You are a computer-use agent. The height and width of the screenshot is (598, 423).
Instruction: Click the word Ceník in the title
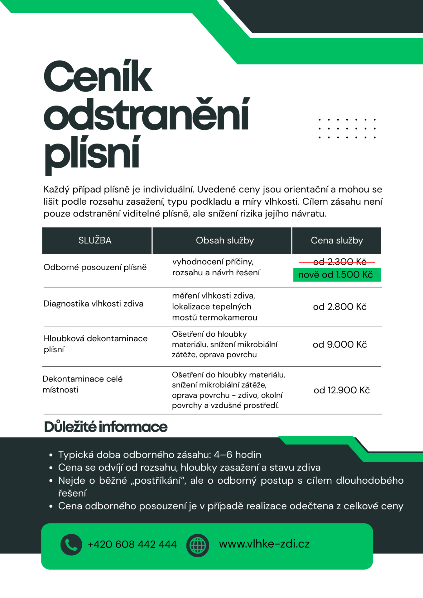pyautogui.click(x=98, y=76)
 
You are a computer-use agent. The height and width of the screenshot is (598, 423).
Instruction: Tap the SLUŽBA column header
pyautogui.click(x=95, y=240)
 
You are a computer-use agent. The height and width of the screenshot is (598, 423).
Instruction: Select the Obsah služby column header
pyautogui.click(x=225, y=240)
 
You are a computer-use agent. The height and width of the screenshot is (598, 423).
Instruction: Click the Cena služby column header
pyautogui.click(x=337, y=240)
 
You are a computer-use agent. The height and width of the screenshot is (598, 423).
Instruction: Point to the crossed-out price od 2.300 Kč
pyautogui.click(x=339, y=262)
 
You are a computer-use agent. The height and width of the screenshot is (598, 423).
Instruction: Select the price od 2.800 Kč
pyautogui.click(x=339, y=307)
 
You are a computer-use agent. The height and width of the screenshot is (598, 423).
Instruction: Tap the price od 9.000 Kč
pyautogui.click(x=339, y=344)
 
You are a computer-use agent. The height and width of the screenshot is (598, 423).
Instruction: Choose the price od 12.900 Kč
pyautogui.click(x=341, y=390)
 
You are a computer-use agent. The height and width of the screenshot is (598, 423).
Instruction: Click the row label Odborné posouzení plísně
pyautogui.click(x=95, y=267)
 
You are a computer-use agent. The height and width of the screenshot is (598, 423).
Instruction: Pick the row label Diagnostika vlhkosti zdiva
pyautogui.click(x=94, y=304)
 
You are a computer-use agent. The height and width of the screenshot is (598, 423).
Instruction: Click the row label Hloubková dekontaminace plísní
pyautogui.click(x=95, y=344)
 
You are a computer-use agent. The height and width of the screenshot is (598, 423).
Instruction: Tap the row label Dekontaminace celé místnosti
pyautogui.click(x=82, y=384)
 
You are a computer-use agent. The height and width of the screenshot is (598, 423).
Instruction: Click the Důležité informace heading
pyautogui.click(x=106, y=427)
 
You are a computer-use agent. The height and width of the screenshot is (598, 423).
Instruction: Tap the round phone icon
pyautogui.click(x=71, y=544)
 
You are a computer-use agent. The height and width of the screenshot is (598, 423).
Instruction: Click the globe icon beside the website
pyautogui.click(x=198, y=545)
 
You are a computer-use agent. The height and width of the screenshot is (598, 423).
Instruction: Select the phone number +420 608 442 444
pyautogui.click(x=132, y=544)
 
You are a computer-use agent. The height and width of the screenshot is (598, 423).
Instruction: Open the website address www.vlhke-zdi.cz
pyautogui.click(x=264, y=544)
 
